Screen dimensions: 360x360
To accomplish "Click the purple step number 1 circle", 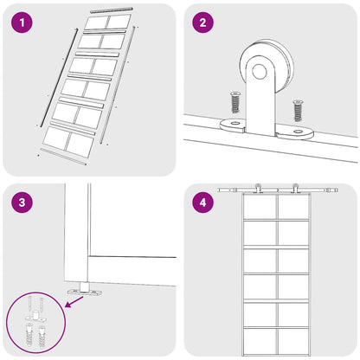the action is pyautogui.click(x=22, y=22).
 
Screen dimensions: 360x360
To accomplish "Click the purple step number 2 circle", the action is pyautogui.click(x=202, y=22).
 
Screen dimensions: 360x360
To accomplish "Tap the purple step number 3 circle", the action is pyautogui.click(x=22, y=202).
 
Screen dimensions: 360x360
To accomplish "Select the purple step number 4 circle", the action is pyautogui.click(x=202, y=202).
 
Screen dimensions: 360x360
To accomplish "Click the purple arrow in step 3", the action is pyautogui.click(x=74, y=302).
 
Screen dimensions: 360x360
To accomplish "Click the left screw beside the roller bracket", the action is pyautogui.click(x=235, y=102).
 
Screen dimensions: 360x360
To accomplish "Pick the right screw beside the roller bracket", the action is pyautogui.click(x=298, y=110).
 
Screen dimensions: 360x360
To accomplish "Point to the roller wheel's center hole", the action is pyautogui.click(x=260, y=72).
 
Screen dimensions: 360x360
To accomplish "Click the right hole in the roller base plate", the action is pyautogui.click(x=298, y=132).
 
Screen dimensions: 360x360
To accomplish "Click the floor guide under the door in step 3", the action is pyautogui.click(x=85, y=290).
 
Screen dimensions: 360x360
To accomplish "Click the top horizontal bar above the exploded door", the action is pyautogui.click(x=112, y=10).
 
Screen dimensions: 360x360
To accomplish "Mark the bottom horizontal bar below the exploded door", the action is pyautogui.click(x=63, y=157).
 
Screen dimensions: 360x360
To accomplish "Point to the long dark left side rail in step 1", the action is pyautogui.click(x=59, y=78).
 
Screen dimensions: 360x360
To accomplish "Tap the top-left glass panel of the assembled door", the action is pyautogui.click(x=260, y=207).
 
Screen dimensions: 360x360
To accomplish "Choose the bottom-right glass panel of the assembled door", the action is pyautogui.click(x=293, y=341).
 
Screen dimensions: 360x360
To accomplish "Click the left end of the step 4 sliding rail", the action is pyautogui.click(x=219, y=190).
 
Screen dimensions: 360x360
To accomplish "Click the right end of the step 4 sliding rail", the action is pyautogui.click(x=337, y=190).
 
